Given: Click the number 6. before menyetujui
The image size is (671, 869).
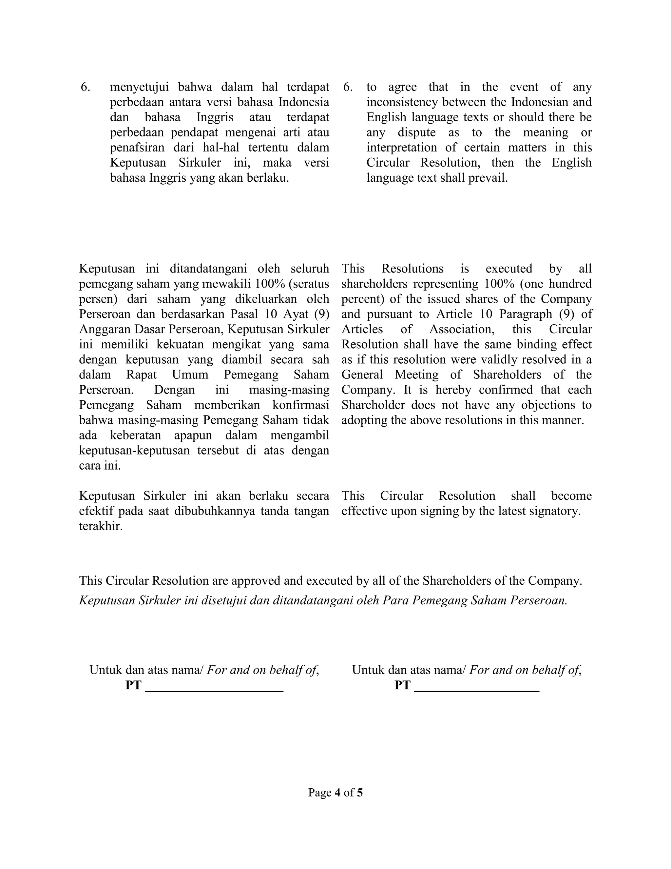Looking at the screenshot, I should tap(85, 87).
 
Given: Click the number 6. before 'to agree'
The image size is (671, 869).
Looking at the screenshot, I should tap(348, 87).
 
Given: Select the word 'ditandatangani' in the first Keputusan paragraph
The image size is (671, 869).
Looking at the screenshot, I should tap(210, 269).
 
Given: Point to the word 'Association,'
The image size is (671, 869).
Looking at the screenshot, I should tap(462, 330).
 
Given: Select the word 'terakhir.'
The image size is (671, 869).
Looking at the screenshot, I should tap(101, 526).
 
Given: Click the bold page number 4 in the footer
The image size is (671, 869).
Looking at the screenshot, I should tap(337, 793).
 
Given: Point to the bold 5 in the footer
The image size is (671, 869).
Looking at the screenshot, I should tap(360, 793).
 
